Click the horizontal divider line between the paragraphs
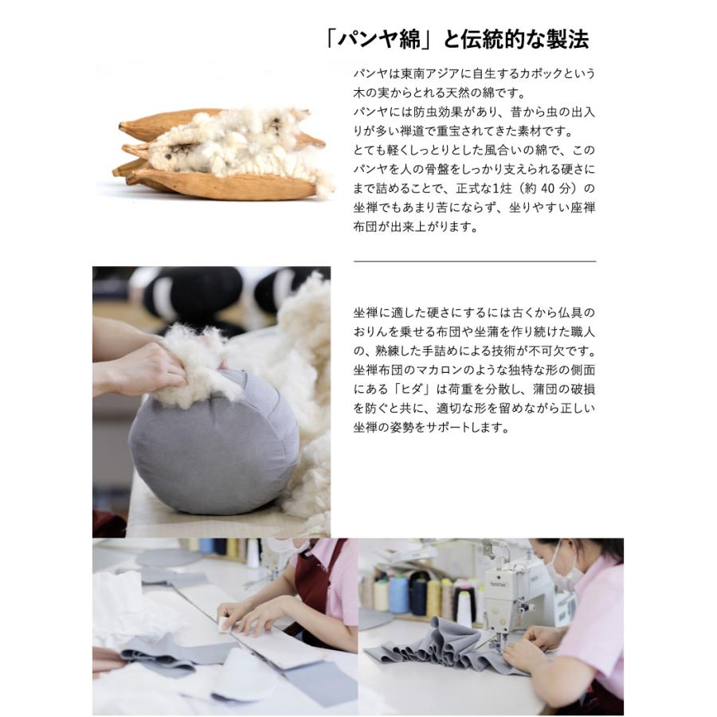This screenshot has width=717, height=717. pyautogui.click(x=474, y=261)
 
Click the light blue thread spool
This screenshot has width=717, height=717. pyautogui.click(x=398, y=594)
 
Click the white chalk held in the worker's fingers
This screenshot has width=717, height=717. pyautogui.click(x=225, y=624)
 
